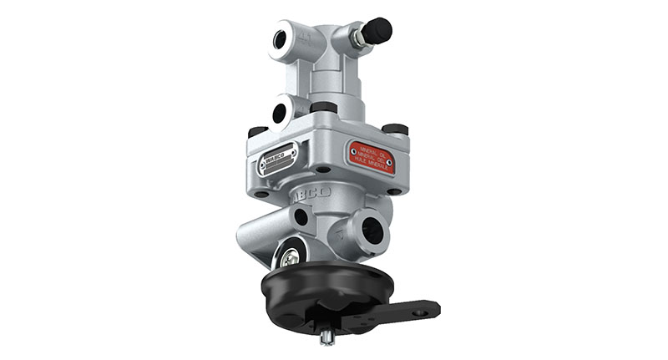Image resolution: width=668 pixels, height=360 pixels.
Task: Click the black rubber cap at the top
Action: pos(377,30)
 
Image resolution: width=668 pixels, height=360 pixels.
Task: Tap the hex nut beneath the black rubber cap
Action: pos(357,38)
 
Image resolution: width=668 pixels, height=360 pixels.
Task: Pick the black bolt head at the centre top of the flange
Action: pos(324,107)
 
